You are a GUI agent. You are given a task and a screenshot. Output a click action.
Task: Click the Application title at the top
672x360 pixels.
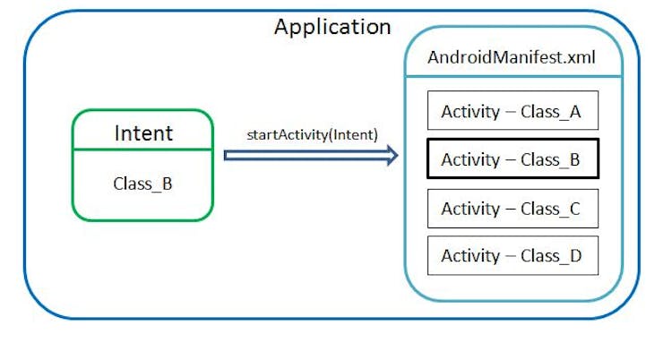[x=332, y=27]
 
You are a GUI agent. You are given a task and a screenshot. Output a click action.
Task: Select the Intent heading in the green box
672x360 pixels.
[x=142, y=133]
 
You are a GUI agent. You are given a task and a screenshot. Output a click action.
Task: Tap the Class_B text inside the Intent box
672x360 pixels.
[x=142, y=184]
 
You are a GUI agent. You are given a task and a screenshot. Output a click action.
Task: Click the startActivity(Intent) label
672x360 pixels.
[x=312, y=134]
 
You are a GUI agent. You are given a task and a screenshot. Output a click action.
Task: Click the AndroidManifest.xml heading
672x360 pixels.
[x=512, y=58]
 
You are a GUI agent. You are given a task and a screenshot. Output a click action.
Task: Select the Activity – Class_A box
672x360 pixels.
[x=512, y=112]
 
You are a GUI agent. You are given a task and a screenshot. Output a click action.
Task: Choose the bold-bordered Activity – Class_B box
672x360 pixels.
[x=512, y=160]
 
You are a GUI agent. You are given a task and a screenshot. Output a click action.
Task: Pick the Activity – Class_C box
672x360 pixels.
[x=512, y=209]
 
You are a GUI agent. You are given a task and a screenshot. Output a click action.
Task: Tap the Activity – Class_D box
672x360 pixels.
[x=512, y=256]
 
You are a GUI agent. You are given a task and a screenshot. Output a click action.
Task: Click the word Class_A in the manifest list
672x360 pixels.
[x=551, y=112]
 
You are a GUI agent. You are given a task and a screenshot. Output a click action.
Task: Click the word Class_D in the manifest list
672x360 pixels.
[x=551, y=256]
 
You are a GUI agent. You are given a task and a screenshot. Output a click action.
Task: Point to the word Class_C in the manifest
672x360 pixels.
[x=551, y=209]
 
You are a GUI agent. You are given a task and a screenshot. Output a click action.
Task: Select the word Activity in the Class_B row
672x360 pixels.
[x=470, y=160]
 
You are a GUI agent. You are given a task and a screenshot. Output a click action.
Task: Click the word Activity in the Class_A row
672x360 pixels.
[x=470, y=112]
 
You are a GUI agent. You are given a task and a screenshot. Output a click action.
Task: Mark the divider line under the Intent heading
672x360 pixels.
[x=142, y=150]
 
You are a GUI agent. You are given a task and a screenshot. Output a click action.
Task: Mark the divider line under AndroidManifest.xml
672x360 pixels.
[x=512, y=76]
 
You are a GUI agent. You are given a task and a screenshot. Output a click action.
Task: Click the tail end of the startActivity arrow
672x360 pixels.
[x=228, y=156]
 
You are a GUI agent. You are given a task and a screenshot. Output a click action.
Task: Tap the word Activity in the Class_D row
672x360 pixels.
[x=470, y=256]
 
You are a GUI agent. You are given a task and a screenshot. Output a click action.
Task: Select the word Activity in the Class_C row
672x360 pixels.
[x=470, y=209]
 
